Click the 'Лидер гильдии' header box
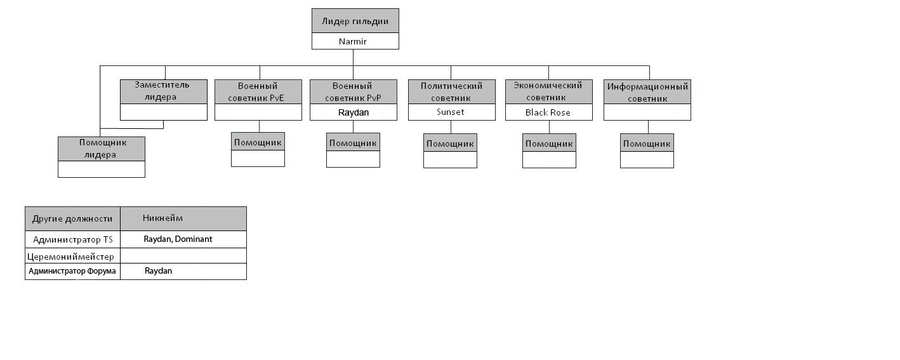click(355, 21)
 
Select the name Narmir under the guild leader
click(353, 41)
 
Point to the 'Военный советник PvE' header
click(258, 91)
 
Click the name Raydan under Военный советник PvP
click(354, 112)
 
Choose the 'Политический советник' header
click(452, 91)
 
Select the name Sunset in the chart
click(451, 112)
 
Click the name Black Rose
click(548, 112)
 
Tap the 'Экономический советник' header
click(549, 91)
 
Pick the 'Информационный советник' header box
click(647, 91)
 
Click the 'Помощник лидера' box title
click(102, 149)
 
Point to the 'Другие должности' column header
click(72, 218)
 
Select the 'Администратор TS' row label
click(73, 239)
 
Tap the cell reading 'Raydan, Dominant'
click(178, 239)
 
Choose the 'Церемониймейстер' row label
click(70, 257)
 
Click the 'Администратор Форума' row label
click(72, 271)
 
